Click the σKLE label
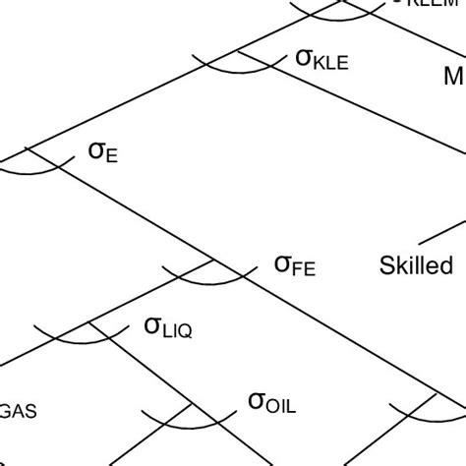click(x=321, y=60)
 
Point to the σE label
click(x=103, y=152)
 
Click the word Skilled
click(x=416, y=265)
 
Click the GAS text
click(x=19, y=412)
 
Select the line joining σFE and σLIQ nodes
click(x=152, y=291)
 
